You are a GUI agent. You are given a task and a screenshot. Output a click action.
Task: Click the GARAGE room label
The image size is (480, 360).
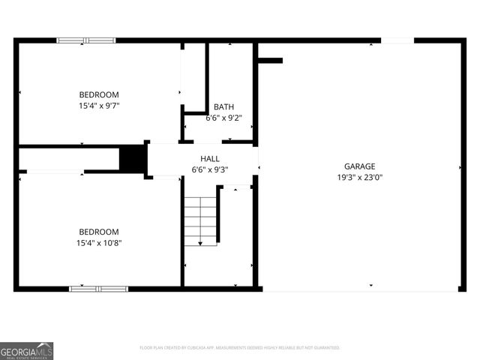coord(360,166)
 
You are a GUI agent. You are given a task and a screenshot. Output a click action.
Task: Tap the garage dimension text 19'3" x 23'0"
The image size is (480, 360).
coord(360,178)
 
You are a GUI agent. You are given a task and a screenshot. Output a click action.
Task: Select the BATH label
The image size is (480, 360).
coord(223,107)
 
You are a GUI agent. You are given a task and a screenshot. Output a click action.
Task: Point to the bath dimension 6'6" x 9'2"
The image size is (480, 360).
coord(223,118)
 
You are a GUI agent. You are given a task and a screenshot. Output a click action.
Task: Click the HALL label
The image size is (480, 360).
coord(210,159)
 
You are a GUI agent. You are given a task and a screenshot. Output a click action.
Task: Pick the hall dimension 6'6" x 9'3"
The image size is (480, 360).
coord(210,170)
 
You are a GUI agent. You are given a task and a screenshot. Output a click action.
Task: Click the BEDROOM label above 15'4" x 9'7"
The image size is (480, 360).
coord(99,94)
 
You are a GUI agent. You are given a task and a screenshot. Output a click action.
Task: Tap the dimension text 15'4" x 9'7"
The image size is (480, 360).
coord(99,106)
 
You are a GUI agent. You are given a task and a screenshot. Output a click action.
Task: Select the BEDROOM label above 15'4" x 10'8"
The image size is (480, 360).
coord(99,232)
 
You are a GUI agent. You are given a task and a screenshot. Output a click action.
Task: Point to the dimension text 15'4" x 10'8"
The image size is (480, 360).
coord(99,243)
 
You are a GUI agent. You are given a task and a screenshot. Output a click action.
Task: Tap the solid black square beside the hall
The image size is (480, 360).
coord(132,159)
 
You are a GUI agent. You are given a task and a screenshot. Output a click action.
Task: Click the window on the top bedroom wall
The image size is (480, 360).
coord(86,40)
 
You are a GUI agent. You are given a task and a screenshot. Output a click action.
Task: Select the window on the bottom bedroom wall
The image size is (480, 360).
coord(98,289)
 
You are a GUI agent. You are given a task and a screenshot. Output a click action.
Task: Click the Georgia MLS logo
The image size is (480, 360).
coord(27,350)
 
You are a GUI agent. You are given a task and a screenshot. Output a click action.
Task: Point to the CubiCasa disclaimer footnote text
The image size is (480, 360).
coord(240,348)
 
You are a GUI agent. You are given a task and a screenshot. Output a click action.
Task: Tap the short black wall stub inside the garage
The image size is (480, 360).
coord(270,61)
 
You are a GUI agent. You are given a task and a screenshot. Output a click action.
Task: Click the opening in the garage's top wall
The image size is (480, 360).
coord(397,40)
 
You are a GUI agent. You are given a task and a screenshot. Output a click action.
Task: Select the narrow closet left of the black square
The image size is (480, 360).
coord(69,159)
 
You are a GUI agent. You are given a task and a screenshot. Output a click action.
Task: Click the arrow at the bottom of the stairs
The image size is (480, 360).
coord(201,242)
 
